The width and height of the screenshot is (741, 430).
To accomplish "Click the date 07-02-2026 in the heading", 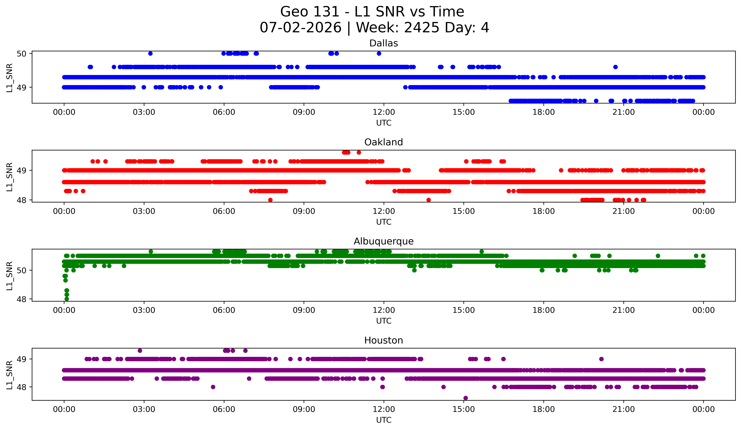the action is tap(301, 28).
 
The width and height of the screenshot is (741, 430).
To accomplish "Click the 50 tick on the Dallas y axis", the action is tap(21, 53).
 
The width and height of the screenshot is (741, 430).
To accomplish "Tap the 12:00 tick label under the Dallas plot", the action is tap(384, 112).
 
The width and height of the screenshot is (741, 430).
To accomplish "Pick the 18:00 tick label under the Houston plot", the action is tap(543, 409).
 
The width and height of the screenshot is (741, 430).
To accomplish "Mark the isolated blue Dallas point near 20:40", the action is tap(615, 67).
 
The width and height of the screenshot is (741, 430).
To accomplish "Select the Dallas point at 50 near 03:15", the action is tap(150, 53).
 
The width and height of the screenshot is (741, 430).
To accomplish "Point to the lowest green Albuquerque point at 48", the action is tap(67, 299).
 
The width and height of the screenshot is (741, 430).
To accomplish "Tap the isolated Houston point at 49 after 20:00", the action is tap(601, 359).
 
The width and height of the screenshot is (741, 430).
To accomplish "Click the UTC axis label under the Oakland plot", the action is tap(384, 222).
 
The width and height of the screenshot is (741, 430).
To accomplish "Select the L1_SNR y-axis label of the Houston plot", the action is tap(9, 375).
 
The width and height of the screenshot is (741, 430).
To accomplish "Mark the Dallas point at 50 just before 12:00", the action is tap(379, 53).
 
